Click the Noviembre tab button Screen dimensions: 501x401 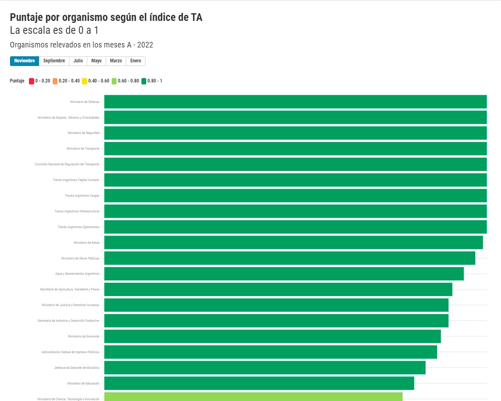click(x=25, y=61)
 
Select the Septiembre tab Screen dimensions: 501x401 click(x=54, y=61)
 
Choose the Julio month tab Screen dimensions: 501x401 click(x=78, y=61)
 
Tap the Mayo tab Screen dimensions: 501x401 click(x=96, y=61)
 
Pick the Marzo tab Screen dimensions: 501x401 click(x=116, y=61)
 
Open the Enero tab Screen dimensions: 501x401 click(x=135, y=61)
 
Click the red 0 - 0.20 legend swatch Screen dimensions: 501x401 click(x=31, y=81)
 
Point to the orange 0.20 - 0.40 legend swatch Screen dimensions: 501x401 click(x=55, y=81)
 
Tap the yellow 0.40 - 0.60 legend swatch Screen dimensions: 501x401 click(x=84, y=81)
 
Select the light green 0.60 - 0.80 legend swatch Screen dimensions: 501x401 click(x=114, y=81)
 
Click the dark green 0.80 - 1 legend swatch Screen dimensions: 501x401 click(x=144, y=81)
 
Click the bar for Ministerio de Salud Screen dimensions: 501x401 click(x=294, y=243)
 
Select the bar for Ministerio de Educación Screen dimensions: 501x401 click(x=259, y=383)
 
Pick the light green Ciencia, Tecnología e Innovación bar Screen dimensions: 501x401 click(x=253, y=397)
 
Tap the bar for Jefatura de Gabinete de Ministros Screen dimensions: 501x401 click(x=265, y=368)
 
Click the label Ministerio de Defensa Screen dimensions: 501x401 click(x=85, y=102)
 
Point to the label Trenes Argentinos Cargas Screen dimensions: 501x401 click(x=82, y=195)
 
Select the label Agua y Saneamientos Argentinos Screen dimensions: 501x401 click(x=77, y=274)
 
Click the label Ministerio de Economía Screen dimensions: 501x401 click(x=84, y=336)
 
